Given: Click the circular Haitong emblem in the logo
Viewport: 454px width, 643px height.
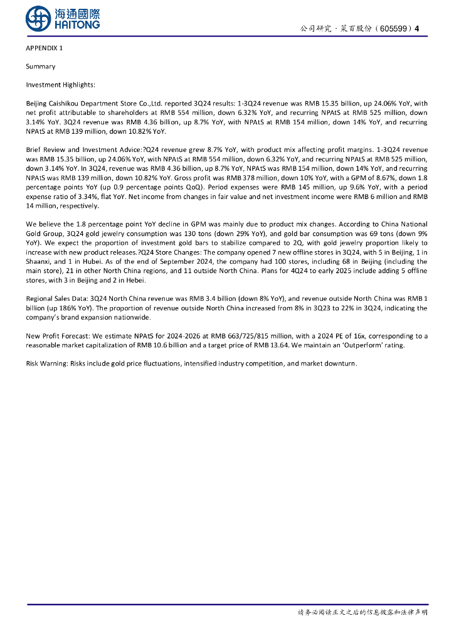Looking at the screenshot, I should pyautogui.click(x=38, y=19).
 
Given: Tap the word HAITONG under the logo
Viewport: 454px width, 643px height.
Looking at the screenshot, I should pyautogui.click(x=77, y=24).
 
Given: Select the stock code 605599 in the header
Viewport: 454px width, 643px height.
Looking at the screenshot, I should pyautogui.click(x=396, y=29).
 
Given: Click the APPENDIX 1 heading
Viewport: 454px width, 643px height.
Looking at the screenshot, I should pyautogui.click(x=44, y=48).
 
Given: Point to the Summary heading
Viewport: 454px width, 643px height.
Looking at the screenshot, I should pyautogui.click(x=40, y=67).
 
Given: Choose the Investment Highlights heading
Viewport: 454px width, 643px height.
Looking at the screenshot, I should pyautogui.click(x=60, y=85).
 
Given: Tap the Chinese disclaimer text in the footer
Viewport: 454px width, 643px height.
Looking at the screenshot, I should pyautogui.click(x=362, y=612).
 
